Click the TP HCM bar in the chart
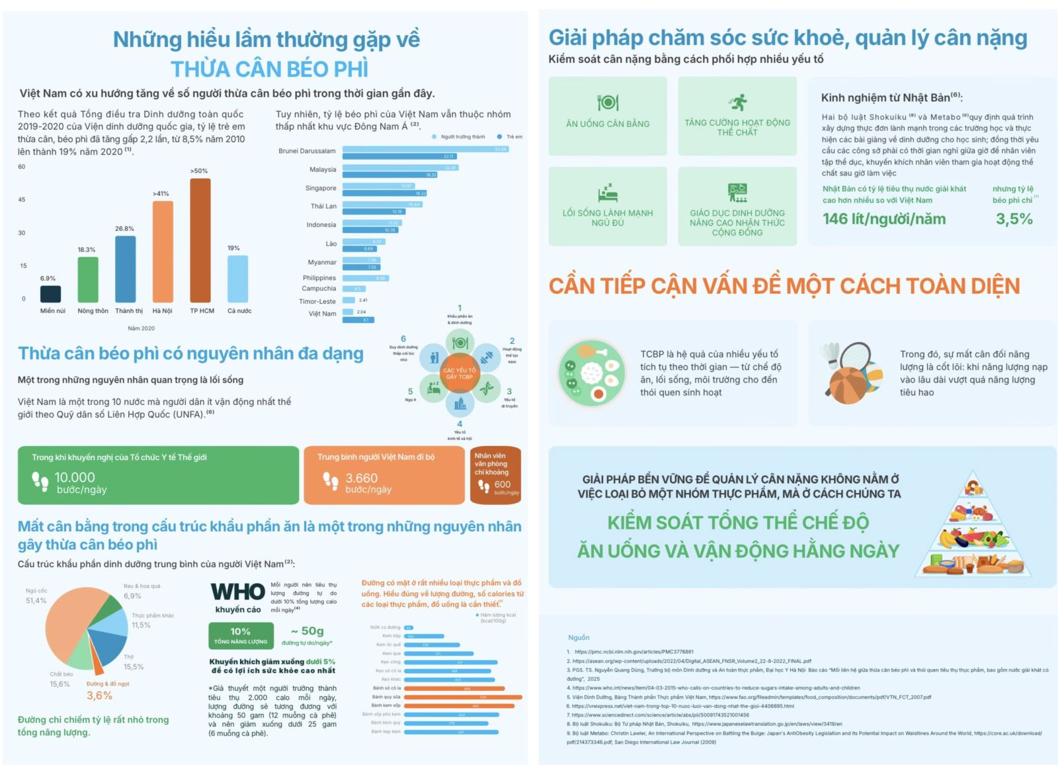click(200, 240)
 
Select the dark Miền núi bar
click(51, 294)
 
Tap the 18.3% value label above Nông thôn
click(87, 249)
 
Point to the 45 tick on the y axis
click(22, 199)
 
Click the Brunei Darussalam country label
click(307, 151)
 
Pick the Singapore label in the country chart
click(321, 188)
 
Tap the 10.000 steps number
click(75, 477)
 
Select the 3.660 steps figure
click(362, 478)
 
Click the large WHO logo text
click(237, 592)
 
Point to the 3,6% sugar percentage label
click(99, 696)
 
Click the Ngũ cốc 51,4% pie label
click(36, 596)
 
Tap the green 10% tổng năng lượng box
click(240, 635)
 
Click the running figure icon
click(738, 102)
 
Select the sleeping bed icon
click(607, 193)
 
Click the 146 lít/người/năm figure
click(884, 219)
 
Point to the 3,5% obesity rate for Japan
click(1014, 219)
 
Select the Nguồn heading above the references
click(579, 637)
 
